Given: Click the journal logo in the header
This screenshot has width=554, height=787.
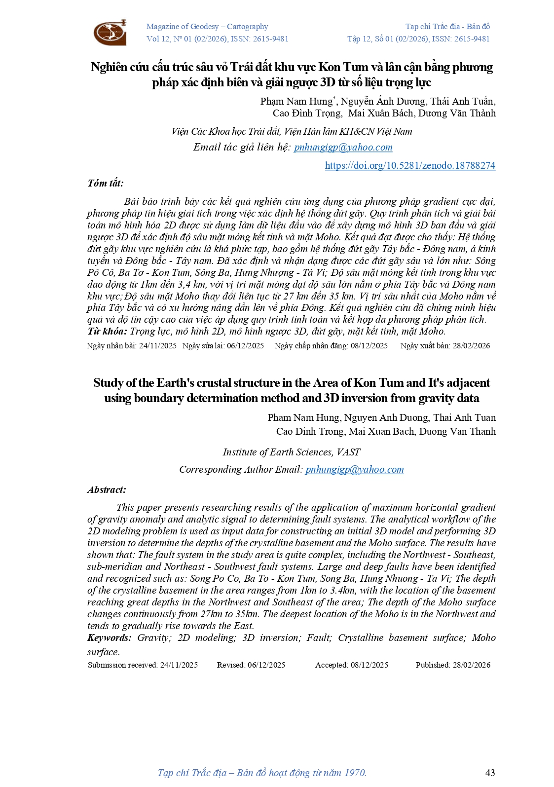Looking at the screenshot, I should click(110, 33).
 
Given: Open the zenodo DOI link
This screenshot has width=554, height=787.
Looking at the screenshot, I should click(409, 165).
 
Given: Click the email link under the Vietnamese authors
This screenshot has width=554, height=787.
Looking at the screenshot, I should click(343, 147).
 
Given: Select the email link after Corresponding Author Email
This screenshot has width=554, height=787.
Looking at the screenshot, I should click(354, 469).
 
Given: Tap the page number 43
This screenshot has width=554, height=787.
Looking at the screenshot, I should click(490, 773).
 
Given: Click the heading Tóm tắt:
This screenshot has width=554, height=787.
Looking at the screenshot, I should click(106, 183).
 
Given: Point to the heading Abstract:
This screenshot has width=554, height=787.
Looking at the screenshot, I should click(107, 489).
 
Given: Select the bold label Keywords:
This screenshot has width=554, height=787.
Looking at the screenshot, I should click(109, 637).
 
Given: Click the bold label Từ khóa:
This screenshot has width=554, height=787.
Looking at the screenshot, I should click(107, 331).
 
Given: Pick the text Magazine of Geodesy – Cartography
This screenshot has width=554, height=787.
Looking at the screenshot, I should click(207, 27).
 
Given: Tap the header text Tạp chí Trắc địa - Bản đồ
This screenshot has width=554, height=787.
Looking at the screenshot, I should click(447, 27).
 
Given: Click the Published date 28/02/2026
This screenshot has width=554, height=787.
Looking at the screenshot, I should click(472, 665).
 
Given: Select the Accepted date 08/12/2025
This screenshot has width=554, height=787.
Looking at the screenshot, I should click(369, 665).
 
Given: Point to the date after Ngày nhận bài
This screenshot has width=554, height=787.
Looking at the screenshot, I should click(158, 345).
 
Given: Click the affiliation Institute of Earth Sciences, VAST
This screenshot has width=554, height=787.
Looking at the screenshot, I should click(291, 452).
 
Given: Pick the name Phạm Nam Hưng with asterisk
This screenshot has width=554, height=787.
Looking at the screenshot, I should click(297, 101).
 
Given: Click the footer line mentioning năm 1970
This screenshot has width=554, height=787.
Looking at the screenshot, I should click(262, 773).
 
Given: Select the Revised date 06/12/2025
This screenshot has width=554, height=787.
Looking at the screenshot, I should click(266, 665).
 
